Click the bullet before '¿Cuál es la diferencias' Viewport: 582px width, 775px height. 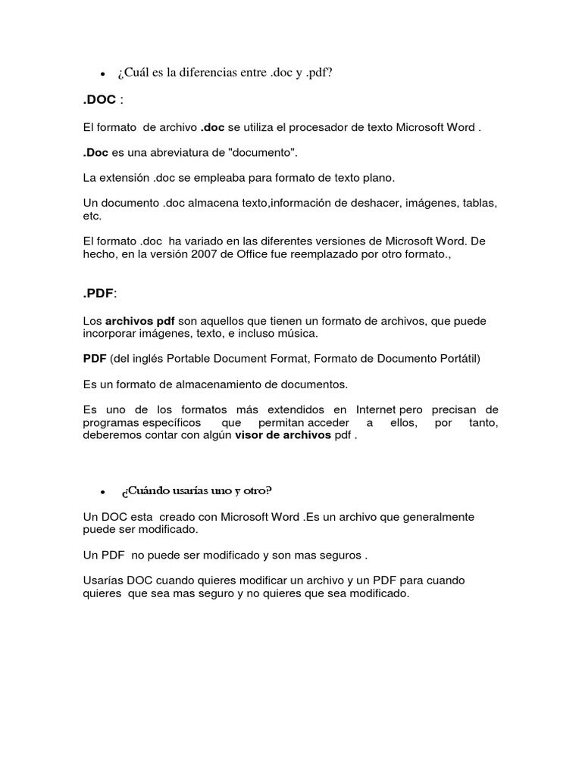tap(102, 74)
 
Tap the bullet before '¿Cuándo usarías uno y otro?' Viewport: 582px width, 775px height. tap(102, 492)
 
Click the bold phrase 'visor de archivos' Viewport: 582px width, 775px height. tap(283, 435)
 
